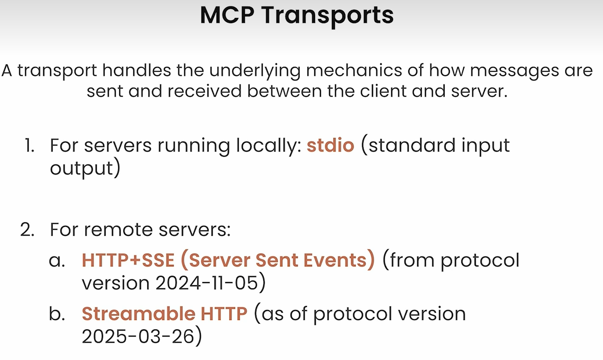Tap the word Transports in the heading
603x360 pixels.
tap(327, 16)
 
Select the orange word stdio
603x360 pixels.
tap(330, 145)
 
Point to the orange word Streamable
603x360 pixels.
tap(139, 314)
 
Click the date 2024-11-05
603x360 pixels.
tap(207, 283)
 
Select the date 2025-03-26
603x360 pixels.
tap(138, 336)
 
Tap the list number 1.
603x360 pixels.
tap(29, 145)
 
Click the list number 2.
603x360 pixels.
tap(27, 229)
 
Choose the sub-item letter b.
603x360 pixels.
tap(57, 314)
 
